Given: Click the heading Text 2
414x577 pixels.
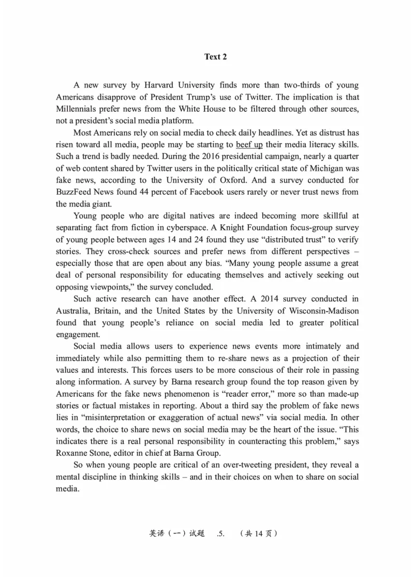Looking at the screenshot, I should [x=215, y=57].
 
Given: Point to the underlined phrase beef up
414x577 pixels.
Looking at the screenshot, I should [x=249, y=145].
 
